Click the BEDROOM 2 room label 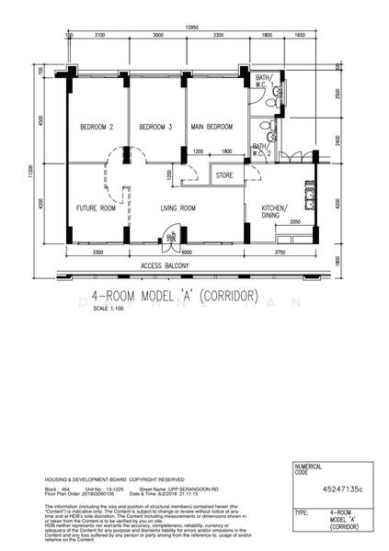point(96,127)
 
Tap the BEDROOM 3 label point(156,127)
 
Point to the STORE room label point(224,174)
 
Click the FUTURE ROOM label point(96,208)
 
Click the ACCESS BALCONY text point(165,264)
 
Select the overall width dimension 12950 point(192,28)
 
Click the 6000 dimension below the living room point(186,252)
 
